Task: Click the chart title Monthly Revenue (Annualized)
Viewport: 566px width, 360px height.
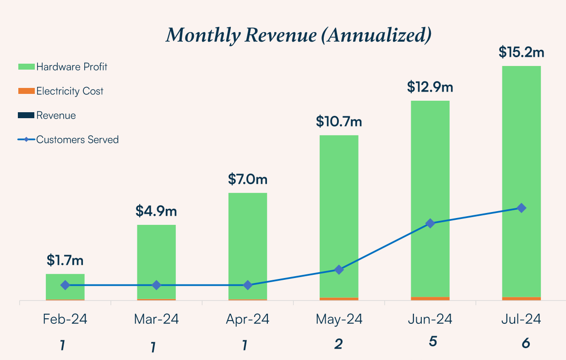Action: [x=298, y=35]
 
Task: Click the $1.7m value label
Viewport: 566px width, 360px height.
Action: [x=65, y=260]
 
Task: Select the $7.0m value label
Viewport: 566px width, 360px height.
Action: [x=247, y=179]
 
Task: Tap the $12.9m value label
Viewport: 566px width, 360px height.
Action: [x=430, y=87]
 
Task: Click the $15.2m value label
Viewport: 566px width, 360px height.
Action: [x=521, y=52]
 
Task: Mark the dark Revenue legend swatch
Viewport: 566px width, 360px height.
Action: [x=26, y=115]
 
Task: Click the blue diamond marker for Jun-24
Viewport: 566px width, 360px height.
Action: [x=430, y=223]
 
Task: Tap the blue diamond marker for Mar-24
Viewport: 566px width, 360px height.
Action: [x=156, y=285]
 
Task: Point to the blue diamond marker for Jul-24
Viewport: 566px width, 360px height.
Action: [x=521, y=208]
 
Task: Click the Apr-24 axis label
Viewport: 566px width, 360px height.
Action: [x=247, y=319]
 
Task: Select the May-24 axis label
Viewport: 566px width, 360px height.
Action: [x=339, y=319]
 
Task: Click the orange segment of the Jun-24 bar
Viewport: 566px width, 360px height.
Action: [x=430, y=298]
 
